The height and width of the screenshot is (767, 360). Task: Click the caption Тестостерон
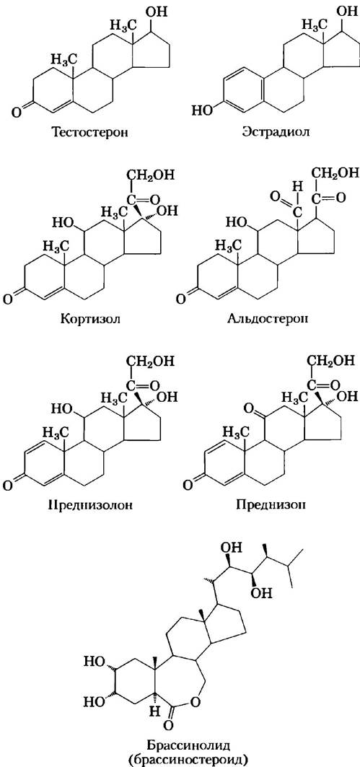92,132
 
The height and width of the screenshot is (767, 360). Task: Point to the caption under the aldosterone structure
270,320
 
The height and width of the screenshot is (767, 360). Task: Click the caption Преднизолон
93,505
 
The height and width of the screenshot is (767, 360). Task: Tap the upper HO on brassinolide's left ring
93,662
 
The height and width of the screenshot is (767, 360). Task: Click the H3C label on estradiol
314,24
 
